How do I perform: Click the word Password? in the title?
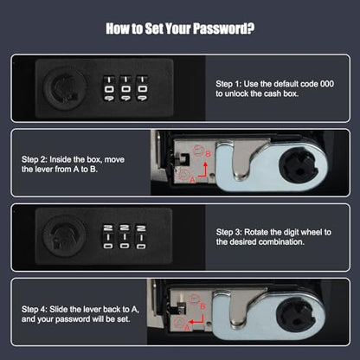[223, 29]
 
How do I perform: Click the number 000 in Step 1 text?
[327, 84]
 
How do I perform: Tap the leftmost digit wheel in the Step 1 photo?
[109, 88]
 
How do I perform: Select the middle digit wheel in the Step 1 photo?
[125, 88]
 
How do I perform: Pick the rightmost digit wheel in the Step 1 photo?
[142, 88]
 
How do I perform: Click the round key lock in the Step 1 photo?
[65, 88]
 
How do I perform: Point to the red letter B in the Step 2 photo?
[208, 154]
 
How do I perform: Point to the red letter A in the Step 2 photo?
[192, 180]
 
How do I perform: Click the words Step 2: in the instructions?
[34, 159]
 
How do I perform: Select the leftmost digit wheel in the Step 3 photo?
[108, 236]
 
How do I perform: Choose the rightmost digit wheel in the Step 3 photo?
[141, 236]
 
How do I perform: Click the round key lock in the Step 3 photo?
[64, 236]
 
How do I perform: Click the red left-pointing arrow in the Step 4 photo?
[196, 320]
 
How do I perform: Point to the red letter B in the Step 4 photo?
[202, 306]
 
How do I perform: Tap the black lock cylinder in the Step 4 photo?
[295, 314]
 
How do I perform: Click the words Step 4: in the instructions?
[34, 310]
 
